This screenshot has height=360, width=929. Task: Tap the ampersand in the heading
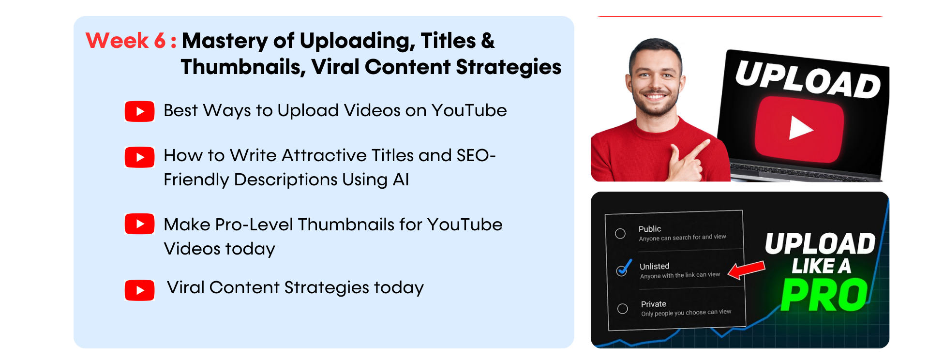[488, 41]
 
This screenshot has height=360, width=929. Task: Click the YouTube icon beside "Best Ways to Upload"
[140, 111]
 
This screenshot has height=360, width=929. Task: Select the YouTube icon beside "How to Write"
[140, 157]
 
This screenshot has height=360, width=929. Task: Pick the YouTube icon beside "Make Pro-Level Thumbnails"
[140, 224]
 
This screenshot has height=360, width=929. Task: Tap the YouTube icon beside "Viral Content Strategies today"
[140, 290]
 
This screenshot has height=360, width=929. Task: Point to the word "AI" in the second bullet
[401, 180]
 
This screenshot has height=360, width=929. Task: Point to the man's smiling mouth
[656, 96]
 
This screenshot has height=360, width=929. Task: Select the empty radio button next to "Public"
[620, 234]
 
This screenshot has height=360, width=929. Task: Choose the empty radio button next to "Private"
[623, 309]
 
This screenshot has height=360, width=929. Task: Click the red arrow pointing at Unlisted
[747, 270]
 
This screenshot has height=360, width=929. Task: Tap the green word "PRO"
[824, 295]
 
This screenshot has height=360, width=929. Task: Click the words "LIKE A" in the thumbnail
[821, 266]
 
